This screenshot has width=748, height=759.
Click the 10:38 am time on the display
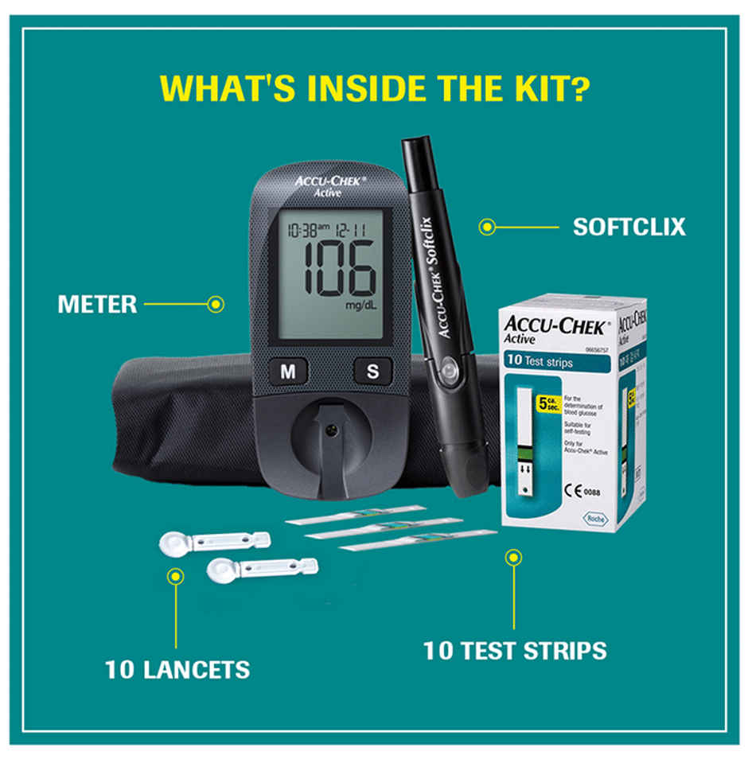pos(309,231)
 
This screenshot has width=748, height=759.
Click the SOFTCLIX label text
pos(629,228)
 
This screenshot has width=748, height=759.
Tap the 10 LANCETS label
pos(177,669)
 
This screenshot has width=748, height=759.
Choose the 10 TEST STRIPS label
pos(514,651)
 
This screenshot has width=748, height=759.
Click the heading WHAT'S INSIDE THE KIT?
pos(374,88)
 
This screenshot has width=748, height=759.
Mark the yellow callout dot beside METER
pos(215,304)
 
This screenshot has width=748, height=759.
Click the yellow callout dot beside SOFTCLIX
pos(486,228)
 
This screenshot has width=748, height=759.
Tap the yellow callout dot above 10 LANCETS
pos(176,575)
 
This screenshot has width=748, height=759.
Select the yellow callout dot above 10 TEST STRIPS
pos(514,557)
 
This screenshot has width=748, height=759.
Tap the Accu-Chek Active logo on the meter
pos(329,185)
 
